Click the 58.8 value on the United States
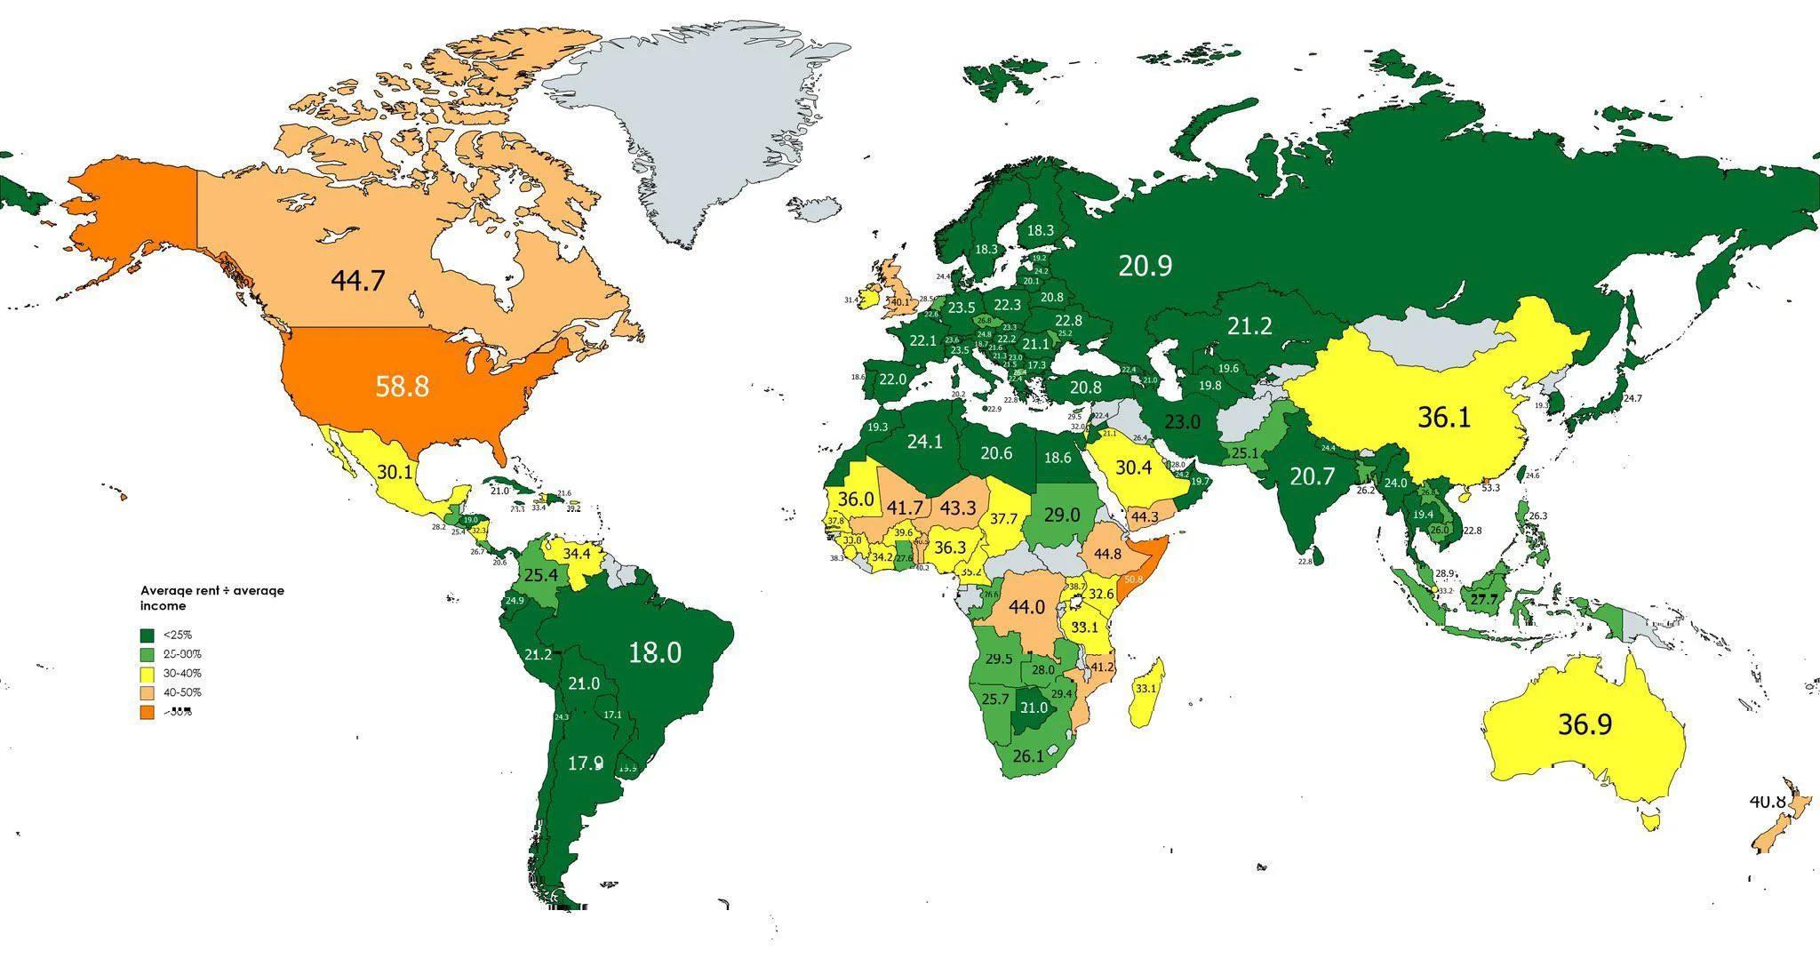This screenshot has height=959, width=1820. point(402,387)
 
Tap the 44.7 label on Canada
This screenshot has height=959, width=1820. point(357,281)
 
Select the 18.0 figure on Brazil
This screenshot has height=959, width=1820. point(655,652)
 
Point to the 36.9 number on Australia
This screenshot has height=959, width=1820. point(1585,724)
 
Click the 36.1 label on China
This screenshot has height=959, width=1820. point(1444,417)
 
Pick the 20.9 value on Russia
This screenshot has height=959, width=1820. point(1145,265)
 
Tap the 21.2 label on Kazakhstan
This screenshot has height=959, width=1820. point(1249,326)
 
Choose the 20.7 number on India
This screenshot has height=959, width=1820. point(1313,476)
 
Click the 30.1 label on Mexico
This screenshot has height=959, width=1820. point(395,472)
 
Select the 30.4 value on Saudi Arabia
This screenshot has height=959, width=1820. point(1134,468)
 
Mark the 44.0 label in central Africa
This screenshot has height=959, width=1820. point(1026,607)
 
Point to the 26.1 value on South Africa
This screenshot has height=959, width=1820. point(1027,756)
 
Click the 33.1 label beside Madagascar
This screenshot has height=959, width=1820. point(1145,688)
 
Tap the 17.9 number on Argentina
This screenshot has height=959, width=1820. point(586,763)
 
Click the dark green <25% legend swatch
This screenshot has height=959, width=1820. point(148,635)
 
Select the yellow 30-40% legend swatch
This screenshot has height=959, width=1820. point(148,674)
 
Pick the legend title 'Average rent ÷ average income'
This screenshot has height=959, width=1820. point(212,597)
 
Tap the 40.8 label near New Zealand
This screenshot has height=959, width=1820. point(1767,802)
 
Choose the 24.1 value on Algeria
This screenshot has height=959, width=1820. point(924,441)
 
